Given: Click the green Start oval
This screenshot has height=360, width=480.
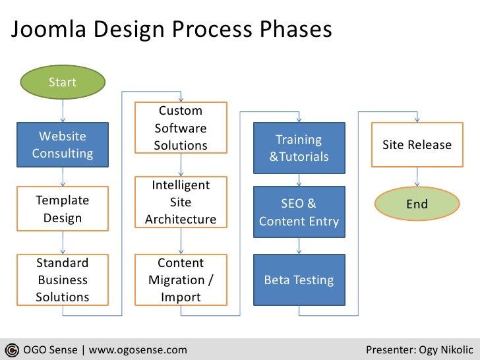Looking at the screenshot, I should (63, 82).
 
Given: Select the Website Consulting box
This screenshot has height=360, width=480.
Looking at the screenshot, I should (63, 145).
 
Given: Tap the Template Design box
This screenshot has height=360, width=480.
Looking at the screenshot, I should (63, 209).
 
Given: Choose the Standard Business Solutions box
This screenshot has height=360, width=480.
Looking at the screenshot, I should (63, 280).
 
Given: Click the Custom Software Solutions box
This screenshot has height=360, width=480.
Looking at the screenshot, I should (181, 128).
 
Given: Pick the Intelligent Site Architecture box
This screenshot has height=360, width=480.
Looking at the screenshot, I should (181, 202).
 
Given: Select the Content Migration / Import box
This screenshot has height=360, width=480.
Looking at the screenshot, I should (181, 280).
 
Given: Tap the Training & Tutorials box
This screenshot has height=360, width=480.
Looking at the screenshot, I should (299, 148).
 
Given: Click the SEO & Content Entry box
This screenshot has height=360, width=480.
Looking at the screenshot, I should (299, 212).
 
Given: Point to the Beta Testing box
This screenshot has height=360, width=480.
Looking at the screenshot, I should (299, 280).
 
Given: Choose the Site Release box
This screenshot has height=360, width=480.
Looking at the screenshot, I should (417, 145).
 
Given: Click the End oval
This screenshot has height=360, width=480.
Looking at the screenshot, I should (417, 204).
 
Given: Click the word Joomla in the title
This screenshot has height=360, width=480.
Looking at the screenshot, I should (47, 30).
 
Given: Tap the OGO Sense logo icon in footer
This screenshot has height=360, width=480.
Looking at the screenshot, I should (11, 349).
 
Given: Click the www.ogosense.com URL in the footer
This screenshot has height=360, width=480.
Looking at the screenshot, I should (138, 349).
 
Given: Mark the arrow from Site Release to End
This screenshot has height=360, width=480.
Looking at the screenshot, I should (417, 175).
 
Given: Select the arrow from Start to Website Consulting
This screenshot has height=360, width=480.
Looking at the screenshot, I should (63, 109).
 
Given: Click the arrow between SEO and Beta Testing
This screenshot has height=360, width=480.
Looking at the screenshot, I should (299, 245).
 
